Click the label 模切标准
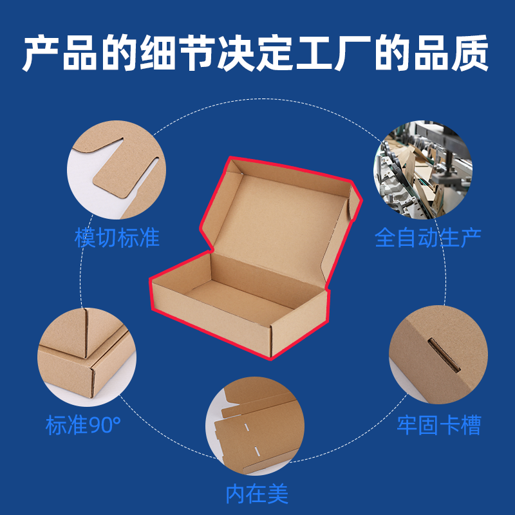click(x=117, y=238)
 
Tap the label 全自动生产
click(x=427, y=238)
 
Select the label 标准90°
click(x=83, y=425)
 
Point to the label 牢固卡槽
click(x=439, y=425)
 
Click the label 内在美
click(x=257, y=494)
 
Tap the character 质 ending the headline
click(x=470, y=53)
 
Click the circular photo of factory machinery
click(x=423, y=169)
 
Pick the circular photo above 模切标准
click(x=117, y=169)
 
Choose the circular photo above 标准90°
click(x=87, y=357)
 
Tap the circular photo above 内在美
click(x=255, y=426)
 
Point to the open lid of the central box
click(x=281, y=220)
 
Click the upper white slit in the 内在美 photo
click(x=247, y=427)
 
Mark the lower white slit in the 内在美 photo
click(x=258, y=451)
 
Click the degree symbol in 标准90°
click(x=117, y=420)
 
